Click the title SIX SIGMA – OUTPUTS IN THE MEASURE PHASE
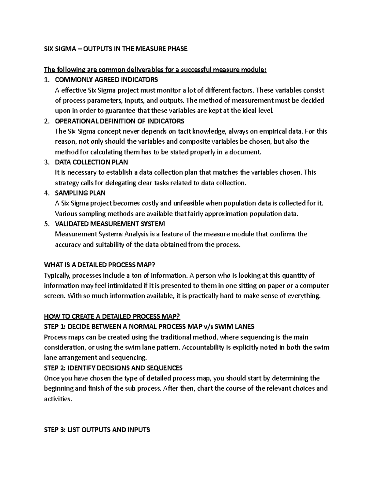[x=116, y=49]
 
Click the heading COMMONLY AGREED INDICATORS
[x=106, y=80]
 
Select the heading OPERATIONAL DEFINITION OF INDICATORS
[x=119, y=121]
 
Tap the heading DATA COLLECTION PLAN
[x=91, y=162]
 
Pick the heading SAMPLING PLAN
[x=80, y=193]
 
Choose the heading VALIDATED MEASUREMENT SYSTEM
[x=110, y=224]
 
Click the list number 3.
[x=46, y=162]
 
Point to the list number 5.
[x=46, y=224]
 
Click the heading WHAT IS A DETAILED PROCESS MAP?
[x=99, y=265]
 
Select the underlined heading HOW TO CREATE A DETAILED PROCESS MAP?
[x=112, y=317]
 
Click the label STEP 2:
[x=55, y=368]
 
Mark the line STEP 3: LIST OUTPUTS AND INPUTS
[x=97, y=430]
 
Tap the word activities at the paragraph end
[x=58, y=399]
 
